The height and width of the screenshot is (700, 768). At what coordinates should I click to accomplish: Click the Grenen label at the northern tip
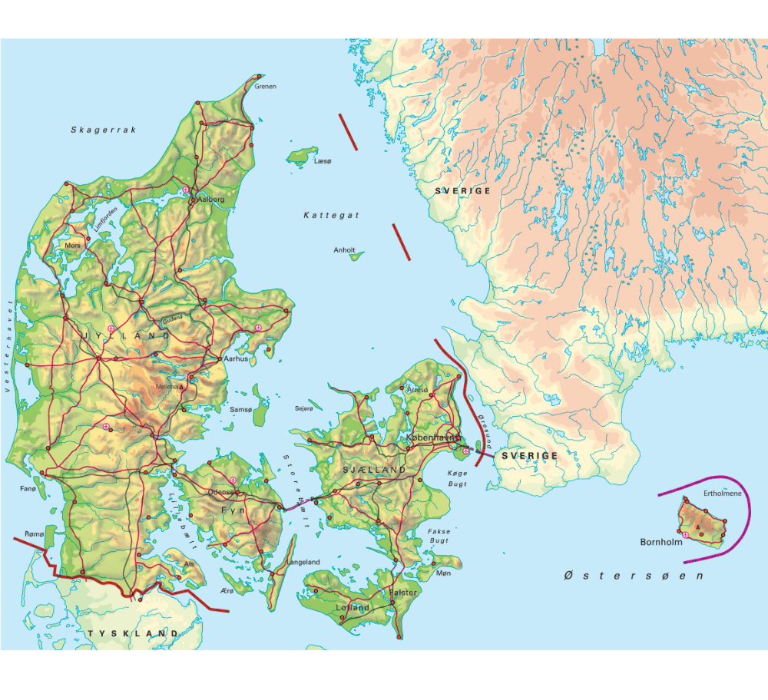tap(265, 87)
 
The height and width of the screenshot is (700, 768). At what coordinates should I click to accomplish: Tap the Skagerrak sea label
tap(104, 130)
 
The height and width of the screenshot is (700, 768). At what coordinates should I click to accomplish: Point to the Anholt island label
tap(344, 250)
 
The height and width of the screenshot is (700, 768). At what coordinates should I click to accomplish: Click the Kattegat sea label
tap(331, 216)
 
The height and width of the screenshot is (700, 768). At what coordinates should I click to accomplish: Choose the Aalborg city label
tap(211, 199)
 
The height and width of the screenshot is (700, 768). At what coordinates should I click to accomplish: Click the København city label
tap(430, 438)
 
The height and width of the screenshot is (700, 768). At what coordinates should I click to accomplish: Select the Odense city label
tap(220, 493)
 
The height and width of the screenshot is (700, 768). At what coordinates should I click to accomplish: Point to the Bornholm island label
tap(661, 542)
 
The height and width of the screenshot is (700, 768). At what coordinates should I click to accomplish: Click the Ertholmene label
tap(723, 494)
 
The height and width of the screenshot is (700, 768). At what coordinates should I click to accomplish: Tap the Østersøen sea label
tap(634, 575)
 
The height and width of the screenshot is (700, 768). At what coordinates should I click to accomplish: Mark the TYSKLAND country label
tap(133, 633)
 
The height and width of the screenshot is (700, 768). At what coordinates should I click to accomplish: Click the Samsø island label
tap(241, 410)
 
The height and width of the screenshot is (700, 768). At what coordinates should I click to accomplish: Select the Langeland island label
tap(303, 563)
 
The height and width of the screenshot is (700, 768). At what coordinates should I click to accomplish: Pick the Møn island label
tap(444, 573)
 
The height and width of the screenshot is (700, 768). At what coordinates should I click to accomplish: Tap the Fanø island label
tap(28, 488)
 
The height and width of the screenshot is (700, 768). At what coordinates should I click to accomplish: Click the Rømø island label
tap(35, 533)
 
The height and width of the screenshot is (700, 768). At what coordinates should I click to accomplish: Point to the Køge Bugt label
tap(457, 478)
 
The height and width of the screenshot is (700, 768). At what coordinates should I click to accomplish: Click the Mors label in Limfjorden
tap(74, 246)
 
